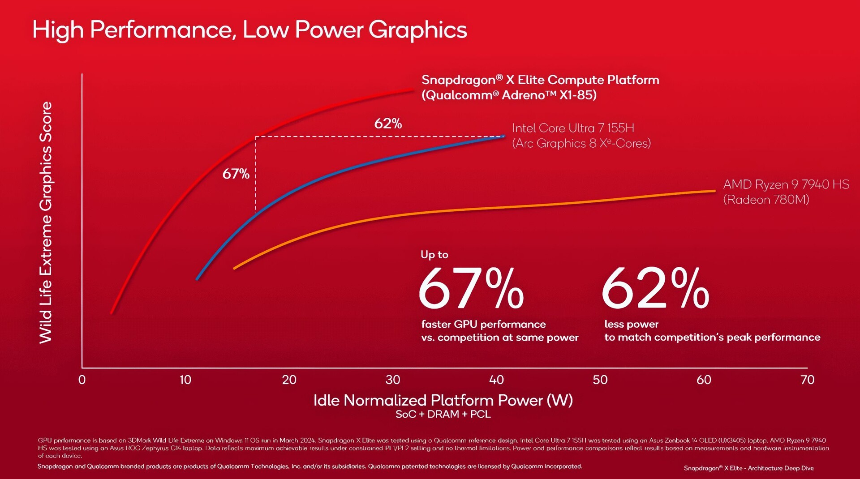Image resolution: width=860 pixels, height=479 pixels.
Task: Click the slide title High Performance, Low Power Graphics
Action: (x=249, y=30)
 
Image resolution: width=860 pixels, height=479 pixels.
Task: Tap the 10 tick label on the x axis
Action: (x=185, y=380)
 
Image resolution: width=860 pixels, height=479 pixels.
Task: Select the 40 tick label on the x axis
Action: (x=496, y=380)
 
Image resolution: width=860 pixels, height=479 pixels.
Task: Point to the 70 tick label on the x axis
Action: (x=807, y=380)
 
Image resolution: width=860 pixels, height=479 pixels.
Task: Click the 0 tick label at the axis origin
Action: (x=82, y=380)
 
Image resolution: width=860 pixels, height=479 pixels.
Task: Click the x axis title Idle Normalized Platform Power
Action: (x=443, y=400)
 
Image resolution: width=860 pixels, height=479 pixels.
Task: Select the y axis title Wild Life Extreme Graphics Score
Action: (x=46, y=222)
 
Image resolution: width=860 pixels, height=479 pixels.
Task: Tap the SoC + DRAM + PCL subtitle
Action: (x=443, y=415)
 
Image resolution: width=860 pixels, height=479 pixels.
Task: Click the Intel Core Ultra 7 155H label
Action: (x=573, y=128)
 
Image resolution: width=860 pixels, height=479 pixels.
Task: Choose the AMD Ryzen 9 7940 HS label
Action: (x=786, y=184)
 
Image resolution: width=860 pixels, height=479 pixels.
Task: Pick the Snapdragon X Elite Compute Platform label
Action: (x=540, y=80)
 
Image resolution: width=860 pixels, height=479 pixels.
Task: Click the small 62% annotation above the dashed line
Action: (x=388, y=124)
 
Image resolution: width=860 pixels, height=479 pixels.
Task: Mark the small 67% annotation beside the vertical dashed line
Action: (x=236, y=174)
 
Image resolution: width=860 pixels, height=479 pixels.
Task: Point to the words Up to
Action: (x=434, y=255)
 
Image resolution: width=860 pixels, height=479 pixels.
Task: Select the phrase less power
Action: (x=631, y=324)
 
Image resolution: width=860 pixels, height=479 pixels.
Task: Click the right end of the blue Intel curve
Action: (x=503, y=136)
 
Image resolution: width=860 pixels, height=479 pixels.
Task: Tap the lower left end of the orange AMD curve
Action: (x=235, y=268)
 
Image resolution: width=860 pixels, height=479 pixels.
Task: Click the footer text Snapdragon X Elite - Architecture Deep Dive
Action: (x=748, y=468)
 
